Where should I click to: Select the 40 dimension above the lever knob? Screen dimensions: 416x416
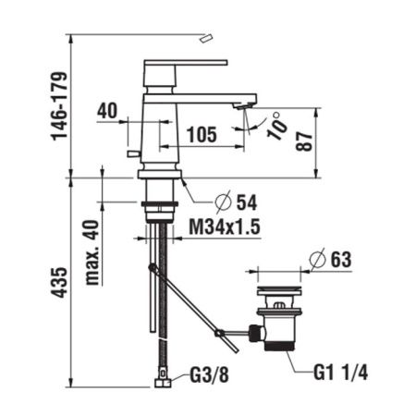pos(106,110)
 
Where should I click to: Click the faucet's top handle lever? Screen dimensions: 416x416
pos(185,64)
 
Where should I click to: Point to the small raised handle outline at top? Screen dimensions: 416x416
pos(206,36)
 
